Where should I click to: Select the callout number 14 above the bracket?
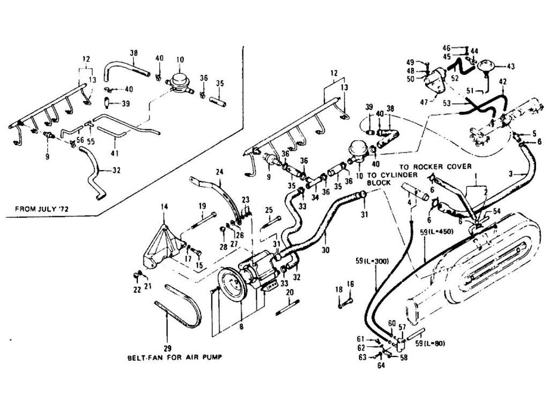[x=164, y=205]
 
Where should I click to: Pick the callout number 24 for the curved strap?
[x=219, y=172]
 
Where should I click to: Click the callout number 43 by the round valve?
[x=510, y=66]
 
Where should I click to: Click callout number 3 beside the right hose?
[x=511, y=173]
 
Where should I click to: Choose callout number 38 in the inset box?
[x=133, y=53]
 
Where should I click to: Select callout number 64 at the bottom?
[x=380, y=366]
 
